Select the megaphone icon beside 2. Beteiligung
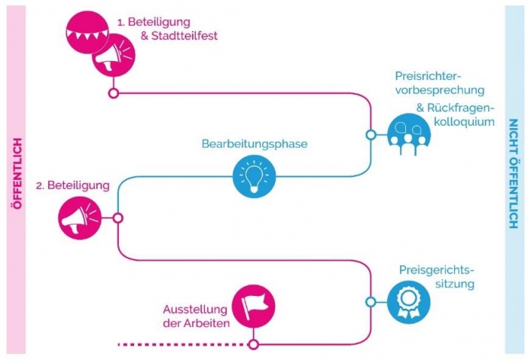pyautogui.click(x=78, y=218)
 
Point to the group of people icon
pyautogui.click(x=408, y=135)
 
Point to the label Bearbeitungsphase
pyautogui.click(x=255, y=143)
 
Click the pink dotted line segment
pyautogui.click(x=182, y=344)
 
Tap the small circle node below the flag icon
pyautogui.click(x=254, y=344)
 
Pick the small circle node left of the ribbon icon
pyautogui.click(x=371, y=302)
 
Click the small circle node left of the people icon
pyautogui.click(x=371, y=135)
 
